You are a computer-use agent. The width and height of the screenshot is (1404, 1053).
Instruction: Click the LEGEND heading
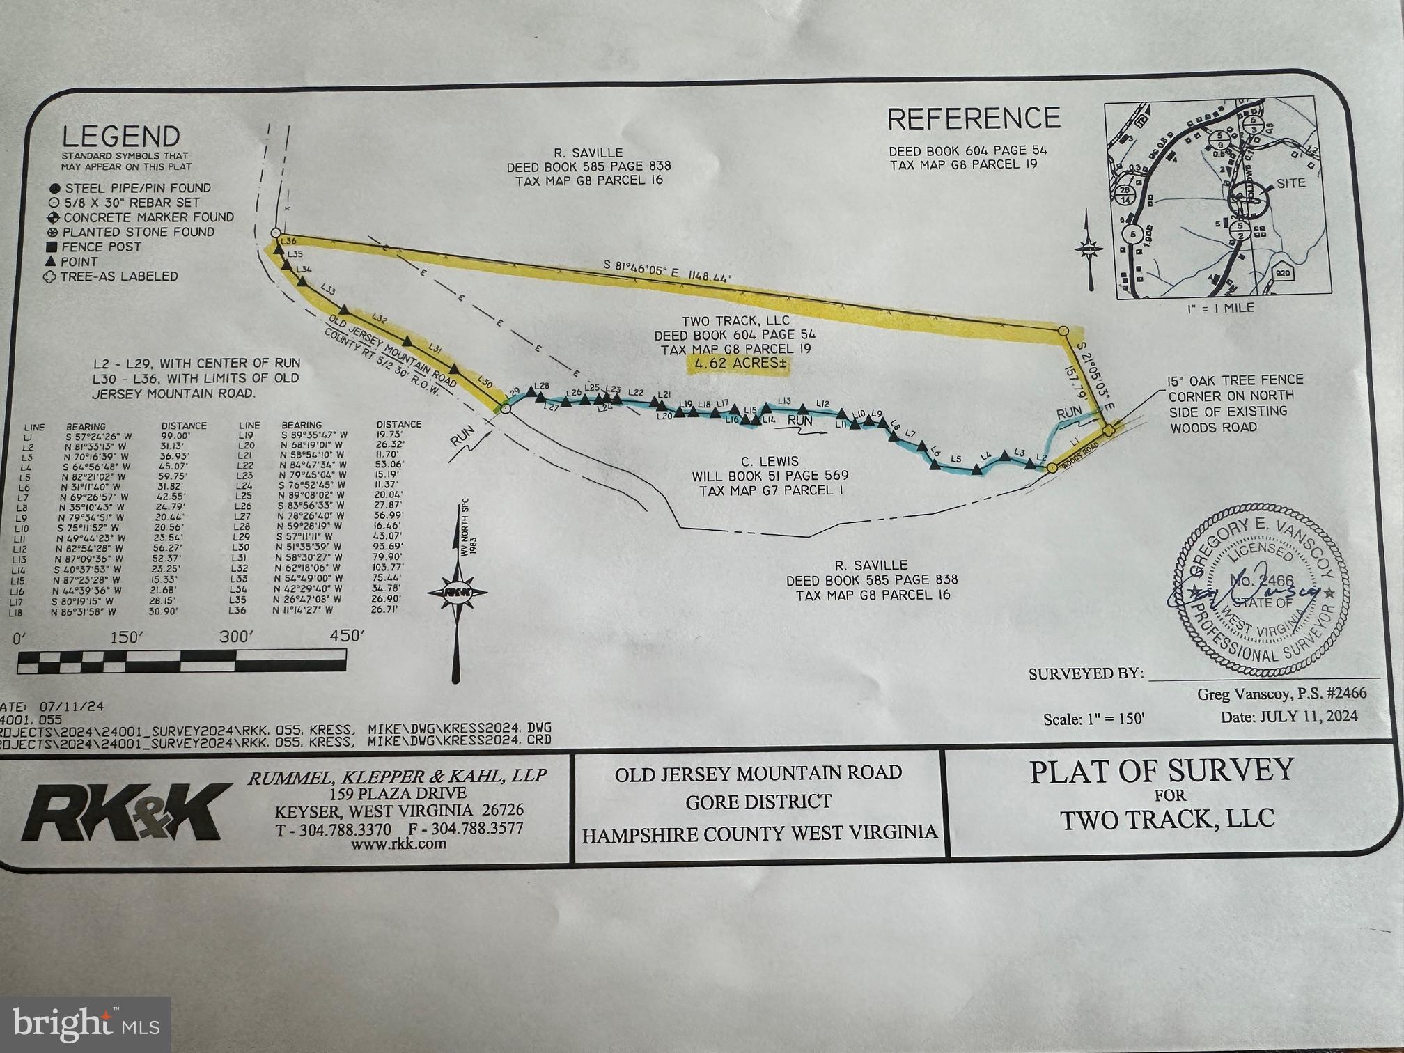point(120,136)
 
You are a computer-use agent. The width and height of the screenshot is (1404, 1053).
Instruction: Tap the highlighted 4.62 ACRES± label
point(738,364)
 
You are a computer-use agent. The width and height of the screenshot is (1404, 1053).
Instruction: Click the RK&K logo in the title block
point(126,812)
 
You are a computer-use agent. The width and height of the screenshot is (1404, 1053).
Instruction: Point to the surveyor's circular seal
point(1259,589)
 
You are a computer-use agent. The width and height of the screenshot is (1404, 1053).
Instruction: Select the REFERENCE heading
point(973,119)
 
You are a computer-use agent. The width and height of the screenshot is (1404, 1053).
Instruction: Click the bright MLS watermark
point(85,1024)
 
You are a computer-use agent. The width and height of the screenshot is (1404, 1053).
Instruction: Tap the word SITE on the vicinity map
point(1290,183)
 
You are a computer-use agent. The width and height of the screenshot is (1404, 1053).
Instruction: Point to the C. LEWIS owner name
point(770,461)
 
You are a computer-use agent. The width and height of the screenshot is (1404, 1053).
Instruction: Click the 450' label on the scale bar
point(346,636)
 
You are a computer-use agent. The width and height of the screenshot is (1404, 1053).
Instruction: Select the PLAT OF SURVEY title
point(1162,771)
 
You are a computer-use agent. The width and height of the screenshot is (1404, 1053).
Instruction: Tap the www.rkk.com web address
point(398,844)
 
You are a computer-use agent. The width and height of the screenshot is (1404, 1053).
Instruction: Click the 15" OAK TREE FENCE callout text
point(1235,380)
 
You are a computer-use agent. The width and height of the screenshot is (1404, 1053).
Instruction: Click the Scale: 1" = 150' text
point(1093,719)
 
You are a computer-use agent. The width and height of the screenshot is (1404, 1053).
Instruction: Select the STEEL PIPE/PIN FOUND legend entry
point(137,188)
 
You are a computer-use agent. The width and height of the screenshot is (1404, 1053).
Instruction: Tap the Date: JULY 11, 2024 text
point(1288,717)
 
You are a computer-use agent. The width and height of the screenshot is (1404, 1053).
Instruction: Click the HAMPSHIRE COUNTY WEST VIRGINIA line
point(759,834)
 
